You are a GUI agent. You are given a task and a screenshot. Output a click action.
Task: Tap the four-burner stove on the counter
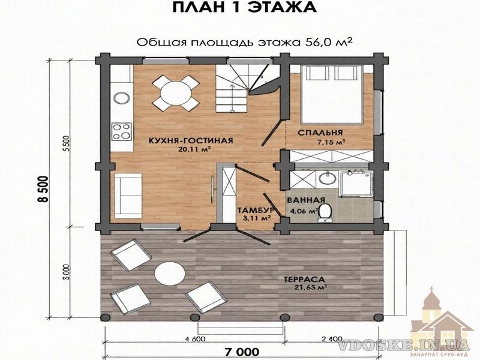[x=122, y=131]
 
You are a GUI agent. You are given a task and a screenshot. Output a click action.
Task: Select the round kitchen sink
[x=122, y=98]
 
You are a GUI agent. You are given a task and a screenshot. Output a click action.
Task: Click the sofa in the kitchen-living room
[x=128, y=196]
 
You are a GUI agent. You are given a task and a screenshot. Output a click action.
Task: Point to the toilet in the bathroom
[x=325, y=213]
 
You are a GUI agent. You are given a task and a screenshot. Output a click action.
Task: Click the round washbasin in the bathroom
[x=326, y=179]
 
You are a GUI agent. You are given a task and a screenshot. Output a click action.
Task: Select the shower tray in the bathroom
[x=356, y=184]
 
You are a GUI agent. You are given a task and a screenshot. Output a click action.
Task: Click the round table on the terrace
[x=170, y=273]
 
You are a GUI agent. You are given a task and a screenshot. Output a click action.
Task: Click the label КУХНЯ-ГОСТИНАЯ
[x=191, y=140]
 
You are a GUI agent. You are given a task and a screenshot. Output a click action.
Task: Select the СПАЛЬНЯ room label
[x=320, y=133]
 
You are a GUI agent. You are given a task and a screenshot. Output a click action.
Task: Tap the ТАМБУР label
[x=256, y=211]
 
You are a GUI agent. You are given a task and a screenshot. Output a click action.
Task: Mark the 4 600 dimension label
[x=196, y=339]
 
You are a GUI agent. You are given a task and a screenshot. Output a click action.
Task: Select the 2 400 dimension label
[x=332, y=339]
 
